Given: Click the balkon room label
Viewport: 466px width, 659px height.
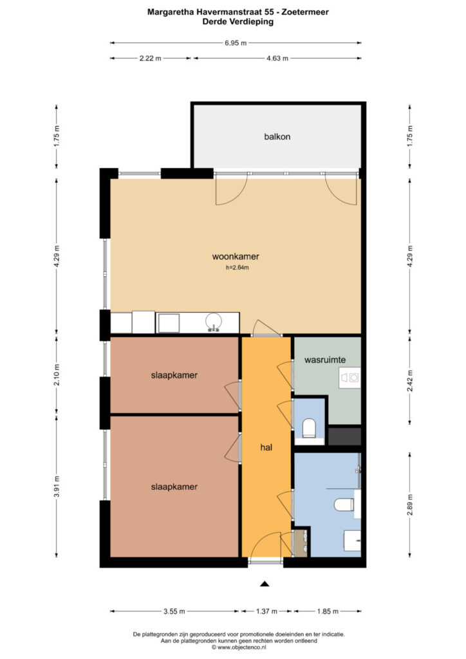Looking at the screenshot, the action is (277, 136).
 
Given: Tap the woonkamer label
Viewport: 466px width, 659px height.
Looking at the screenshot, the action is (236, 256).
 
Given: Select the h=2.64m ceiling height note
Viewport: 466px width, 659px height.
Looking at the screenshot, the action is (238, 267).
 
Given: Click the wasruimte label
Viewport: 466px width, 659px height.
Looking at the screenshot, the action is (325, 360).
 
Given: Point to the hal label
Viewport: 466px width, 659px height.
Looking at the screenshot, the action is (266, 447).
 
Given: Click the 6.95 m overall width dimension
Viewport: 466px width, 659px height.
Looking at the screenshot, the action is (236, 43).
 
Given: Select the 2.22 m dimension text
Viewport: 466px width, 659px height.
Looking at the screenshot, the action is (151, 59).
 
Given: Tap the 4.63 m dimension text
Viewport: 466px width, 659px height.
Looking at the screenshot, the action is (277, 59).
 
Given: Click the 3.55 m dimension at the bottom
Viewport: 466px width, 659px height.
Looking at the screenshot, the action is (174, 611).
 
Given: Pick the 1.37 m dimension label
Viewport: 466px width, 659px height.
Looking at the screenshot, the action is (266, 611).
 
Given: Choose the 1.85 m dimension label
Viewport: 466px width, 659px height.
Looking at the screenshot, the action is (328, 611).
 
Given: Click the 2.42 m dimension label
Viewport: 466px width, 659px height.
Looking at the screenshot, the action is (410, 381).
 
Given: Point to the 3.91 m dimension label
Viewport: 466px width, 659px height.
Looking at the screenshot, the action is (57, 487).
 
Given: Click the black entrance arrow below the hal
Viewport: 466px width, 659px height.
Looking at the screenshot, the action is (265, 583).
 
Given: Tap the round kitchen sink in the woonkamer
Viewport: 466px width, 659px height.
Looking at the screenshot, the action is (214, 322).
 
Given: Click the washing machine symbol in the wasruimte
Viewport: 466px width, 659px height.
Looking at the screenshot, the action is (350, 378).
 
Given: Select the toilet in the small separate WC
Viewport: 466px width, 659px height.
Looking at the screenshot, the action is (309, 427).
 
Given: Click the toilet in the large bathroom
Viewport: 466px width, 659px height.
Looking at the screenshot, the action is (344, 505).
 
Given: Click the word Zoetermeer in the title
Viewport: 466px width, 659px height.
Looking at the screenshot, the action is (306, 12).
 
